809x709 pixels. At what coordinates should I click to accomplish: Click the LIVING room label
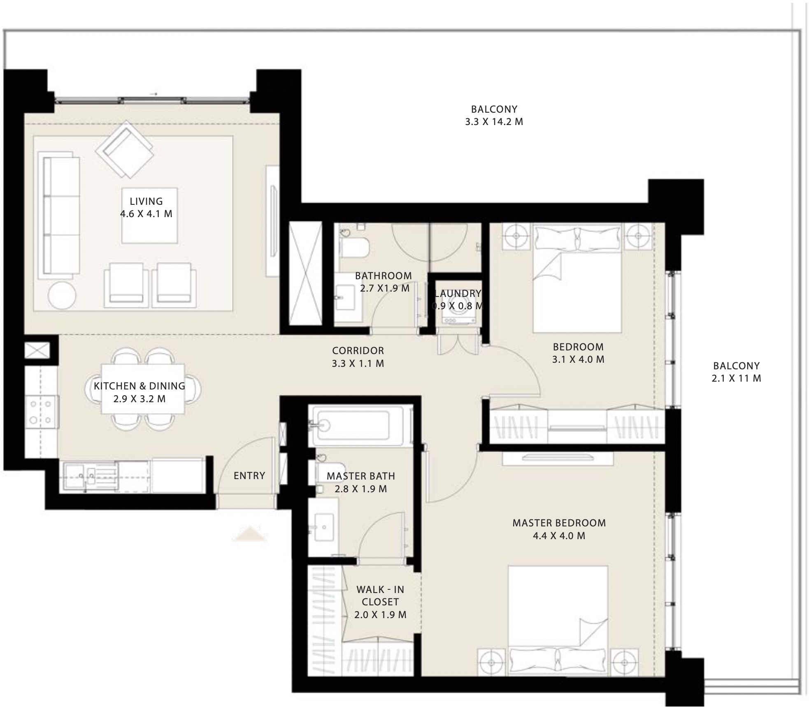coord(146,201)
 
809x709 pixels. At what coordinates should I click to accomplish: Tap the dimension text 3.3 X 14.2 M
coord(494,122)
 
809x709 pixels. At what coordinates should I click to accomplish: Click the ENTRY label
coord(249,475)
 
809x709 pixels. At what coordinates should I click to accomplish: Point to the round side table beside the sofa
coord(62,295)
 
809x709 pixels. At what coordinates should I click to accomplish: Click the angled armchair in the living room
coord(125,149)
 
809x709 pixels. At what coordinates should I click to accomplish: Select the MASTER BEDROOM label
coord(559,523)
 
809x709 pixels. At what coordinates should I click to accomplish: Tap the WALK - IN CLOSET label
coord(380,595)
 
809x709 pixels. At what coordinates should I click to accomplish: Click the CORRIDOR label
coord(358,350)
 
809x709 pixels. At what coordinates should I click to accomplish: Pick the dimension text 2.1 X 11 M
coord(736,378)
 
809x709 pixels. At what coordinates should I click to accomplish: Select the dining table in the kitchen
coord(143,389)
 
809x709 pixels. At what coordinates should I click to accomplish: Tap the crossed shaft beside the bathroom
coord(305,273)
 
